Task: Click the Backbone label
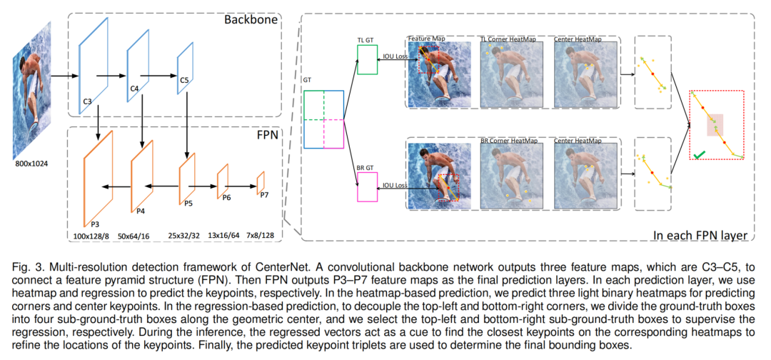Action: [251, 20]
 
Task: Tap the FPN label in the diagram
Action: [268, 135]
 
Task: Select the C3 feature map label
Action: [87, 101]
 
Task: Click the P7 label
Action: [264, 195]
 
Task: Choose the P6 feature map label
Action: [227, 197]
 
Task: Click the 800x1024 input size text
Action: [33, 164]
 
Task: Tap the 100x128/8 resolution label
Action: [91, 236]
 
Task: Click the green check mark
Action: [699, 156]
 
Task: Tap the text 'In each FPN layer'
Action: [700, 236]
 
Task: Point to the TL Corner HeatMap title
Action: [508, 39]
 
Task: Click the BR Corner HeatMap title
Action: [508, 141]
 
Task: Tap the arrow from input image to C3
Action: [65, 76]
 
